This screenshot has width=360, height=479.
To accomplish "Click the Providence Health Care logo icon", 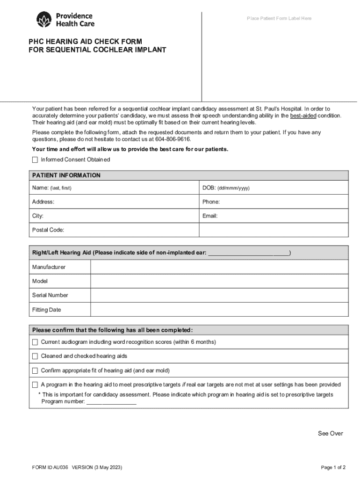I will click(x=45, y=20).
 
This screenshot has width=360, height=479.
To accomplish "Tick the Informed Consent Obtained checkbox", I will click(x=35, y=160).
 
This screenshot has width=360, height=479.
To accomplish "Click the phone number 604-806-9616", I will click(x=173, y=139).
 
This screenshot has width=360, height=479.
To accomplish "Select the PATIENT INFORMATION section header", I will click(x=66, y=175).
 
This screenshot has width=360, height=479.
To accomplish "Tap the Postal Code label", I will click(x=48, y=230).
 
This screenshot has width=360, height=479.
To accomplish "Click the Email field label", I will click(x=210, y=216).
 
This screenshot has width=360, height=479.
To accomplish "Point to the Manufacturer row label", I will click(x=49, y=267).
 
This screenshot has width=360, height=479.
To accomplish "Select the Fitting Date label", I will click(x=46, y=310).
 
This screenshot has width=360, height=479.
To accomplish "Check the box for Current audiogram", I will click(x=35, y=342).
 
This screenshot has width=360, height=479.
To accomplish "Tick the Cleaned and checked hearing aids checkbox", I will click(x=35, y=356).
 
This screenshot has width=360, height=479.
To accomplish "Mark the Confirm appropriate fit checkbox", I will click(x=35, y=371).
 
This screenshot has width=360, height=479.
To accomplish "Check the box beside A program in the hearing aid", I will click(x=35, y=385).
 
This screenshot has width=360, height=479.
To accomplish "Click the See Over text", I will click(x=330, y=434).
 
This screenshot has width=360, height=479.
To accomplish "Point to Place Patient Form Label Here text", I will click(x=279, y=19).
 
